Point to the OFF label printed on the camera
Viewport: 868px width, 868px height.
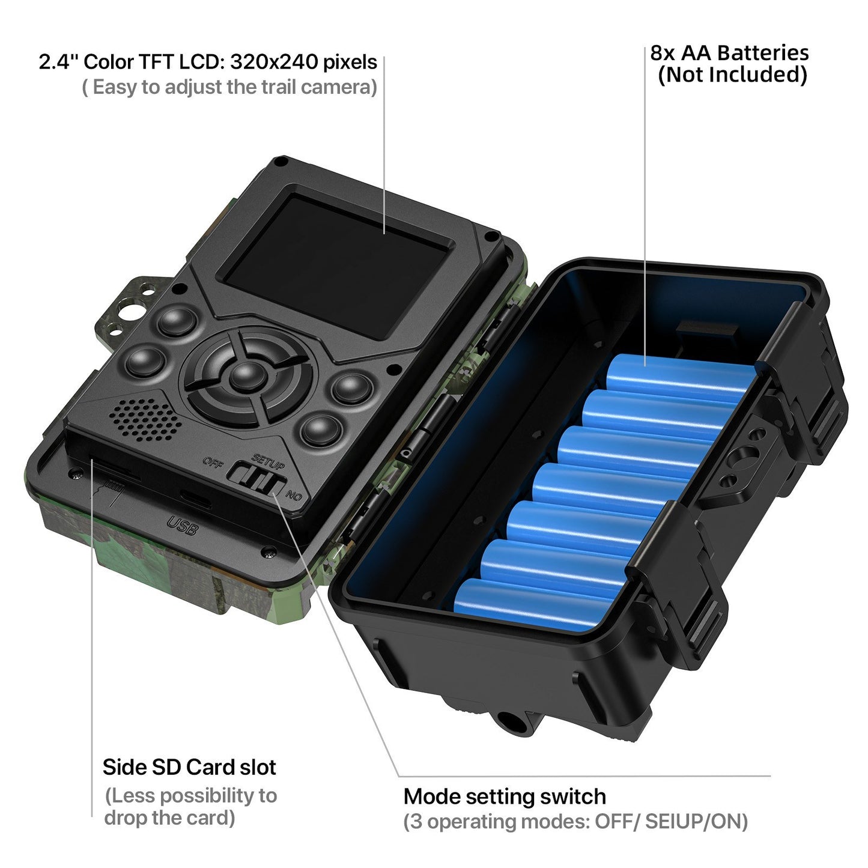click(x=213, y=462)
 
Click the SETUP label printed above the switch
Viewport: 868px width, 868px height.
click(x=269, y=461)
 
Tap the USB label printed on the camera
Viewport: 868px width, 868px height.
click(x=182, y=525)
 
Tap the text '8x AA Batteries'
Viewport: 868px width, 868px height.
click(x=729, y=53)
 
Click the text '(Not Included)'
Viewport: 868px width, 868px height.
click(x=732, y=75)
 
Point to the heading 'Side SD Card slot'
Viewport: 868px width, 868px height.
click(x=189, y=767)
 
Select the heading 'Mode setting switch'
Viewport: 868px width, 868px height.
click(x=505, y=797)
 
